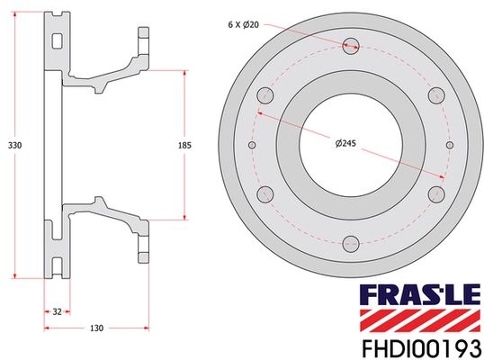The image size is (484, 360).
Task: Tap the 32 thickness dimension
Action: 56,311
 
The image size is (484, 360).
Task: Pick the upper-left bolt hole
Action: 264,94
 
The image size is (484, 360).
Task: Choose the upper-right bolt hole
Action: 438,94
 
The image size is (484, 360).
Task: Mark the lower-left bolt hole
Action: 264,193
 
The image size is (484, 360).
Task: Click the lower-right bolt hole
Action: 438,193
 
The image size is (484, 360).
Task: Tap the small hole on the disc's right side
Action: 450,144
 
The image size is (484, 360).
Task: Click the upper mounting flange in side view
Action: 143,42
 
